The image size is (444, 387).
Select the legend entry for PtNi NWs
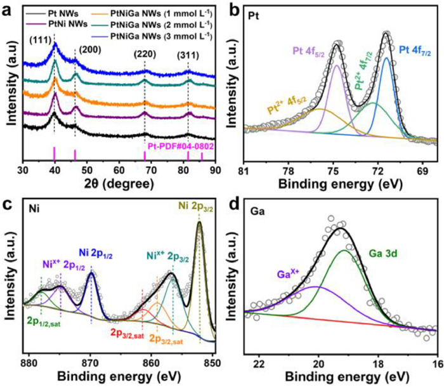click(x=51, y=23)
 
